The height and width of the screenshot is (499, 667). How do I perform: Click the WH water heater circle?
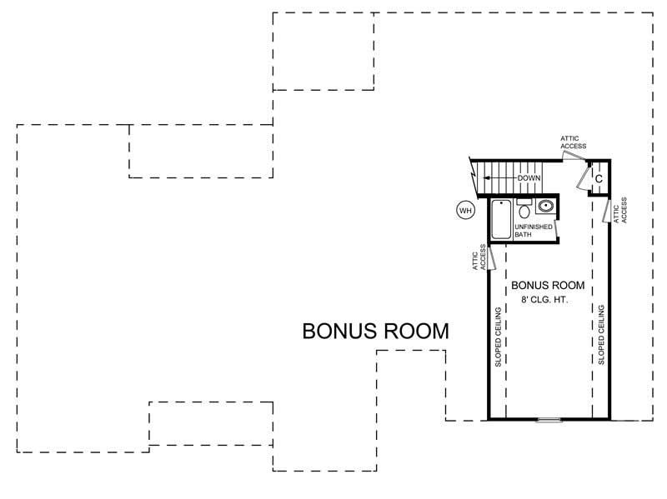pos(465,211)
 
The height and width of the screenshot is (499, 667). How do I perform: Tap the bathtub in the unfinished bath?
pos(500,221)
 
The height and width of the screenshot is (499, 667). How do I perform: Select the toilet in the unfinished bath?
pos(524,209)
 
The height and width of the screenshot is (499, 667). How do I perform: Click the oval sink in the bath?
pos(546,207)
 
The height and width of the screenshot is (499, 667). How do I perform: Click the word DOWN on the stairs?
pos(529,178)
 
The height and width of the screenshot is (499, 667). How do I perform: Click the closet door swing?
pos(582,177)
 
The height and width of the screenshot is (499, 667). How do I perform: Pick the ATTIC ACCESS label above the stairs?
pos(573,142)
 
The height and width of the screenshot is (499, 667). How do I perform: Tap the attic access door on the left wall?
pos(492,257)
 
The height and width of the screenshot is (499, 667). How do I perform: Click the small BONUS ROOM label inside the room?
pos(547,285)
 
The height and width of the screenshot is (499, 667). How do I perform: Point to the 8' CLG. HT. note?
pos(545,299)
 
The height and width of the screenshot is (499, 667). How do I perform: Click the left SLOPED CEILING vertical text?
pos(498,337)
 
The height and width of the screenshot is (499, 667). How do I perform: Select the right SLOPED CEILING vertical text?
pos(600,335)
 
